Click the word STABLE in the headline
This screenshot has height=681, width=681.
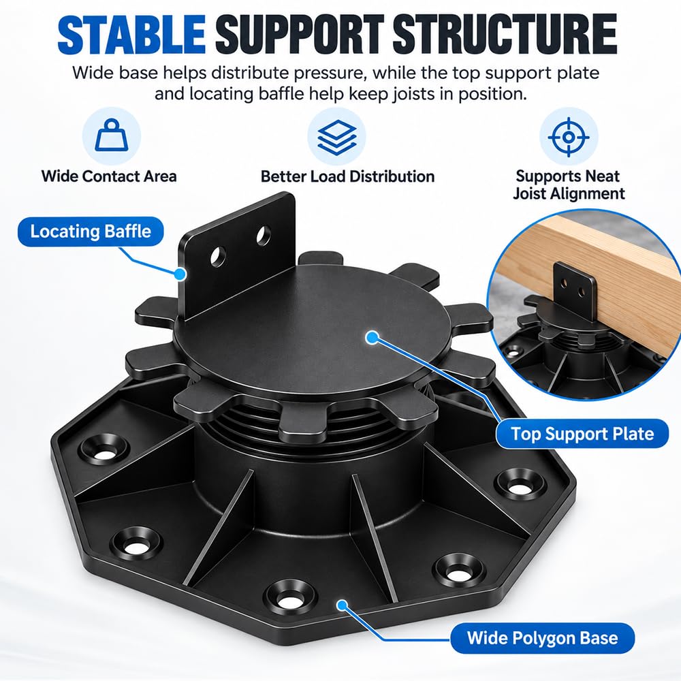(x=131, y=34)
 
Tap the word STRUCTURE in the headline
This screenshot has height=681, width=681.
(x=505, y=34)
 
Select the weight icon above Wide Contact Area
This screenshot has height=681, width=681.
(x=112, y=136)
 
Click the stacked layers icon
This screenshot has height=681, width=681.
(x=336, y=137)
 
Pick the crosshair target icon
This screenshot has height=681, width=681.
(x=569, y=137)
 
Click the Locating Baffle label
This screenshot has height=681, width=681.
(x=91, y=231)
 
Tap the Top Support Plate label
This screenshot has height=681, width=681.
(x=582, y=433)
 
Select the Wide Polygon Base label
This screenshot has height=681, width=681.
(x=543, y=637)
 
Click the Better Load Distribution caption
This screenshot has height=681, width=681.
(x=347, y=176)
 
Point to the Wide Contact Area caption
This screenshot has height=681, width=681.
(x=109, y=176)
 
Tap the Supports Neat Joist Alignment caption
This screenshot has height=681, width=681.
(x=569, y=185)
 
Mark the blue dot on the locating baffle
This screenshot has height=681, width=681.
(x=180, y=274)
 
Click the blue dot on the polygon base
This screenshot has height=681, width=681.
(x=343, y=605)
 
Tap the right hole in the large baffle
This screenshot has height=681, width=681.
(x=263, y=236)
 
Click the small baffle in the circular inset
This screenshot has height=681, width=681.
(x=574, y=289)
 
